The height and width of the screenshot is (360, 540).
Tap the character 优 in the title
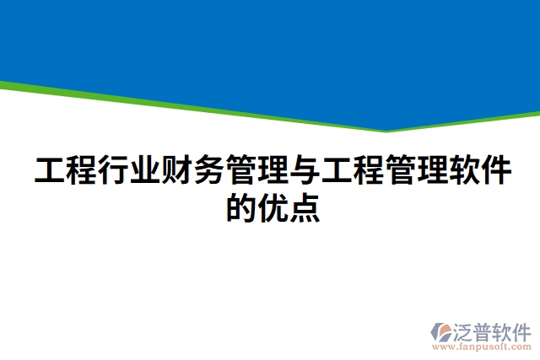(x=272, y=207)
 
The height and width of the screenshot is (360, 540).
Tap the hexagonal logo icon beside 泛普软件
(x=441, y=330)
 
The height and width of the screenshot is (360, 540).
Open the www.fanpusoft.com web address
(x=481, y=346)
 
